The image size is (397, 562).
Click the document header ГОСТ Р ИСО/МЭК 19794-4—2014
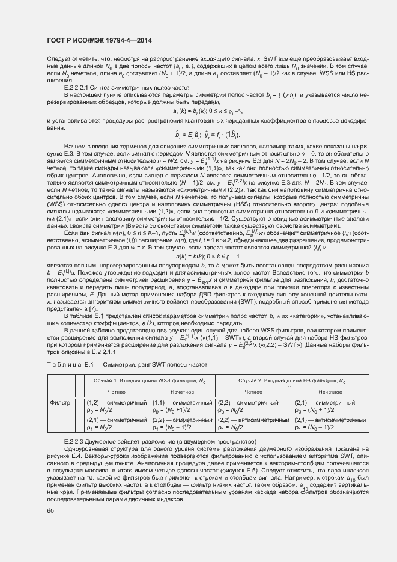(98, 40)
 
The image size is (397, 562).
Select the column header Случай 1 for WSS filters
(149, 382)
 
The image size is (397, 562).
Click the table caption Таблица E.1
(68, 364)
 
